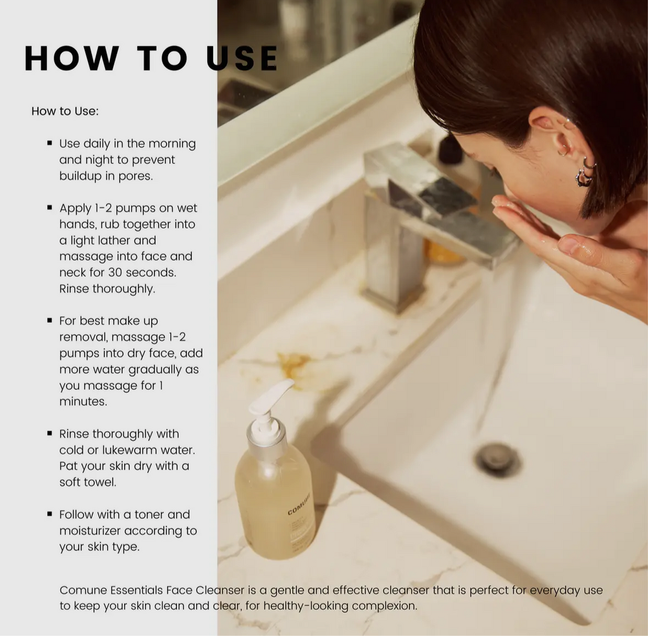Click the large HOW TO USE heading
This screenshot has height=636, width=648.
[x=151, y=58]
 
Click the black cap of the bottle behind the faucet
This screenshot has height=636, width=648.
[x=451, y=149]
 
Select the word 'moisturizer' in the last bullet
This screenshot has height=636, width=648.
[x=90, y=531]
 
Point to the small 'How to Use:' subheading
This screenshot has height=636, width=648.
[x=65, y=111]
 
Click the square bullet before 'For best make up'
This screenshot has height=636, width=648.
[x=49, y=321]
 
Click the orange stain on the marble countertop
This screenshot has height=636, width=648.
[x=293, y=364]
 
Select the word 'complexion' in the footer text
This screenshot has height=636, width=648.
[x=385, y=606]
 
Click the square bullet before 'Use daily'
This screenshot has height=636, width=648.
[x=49, y=144]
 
